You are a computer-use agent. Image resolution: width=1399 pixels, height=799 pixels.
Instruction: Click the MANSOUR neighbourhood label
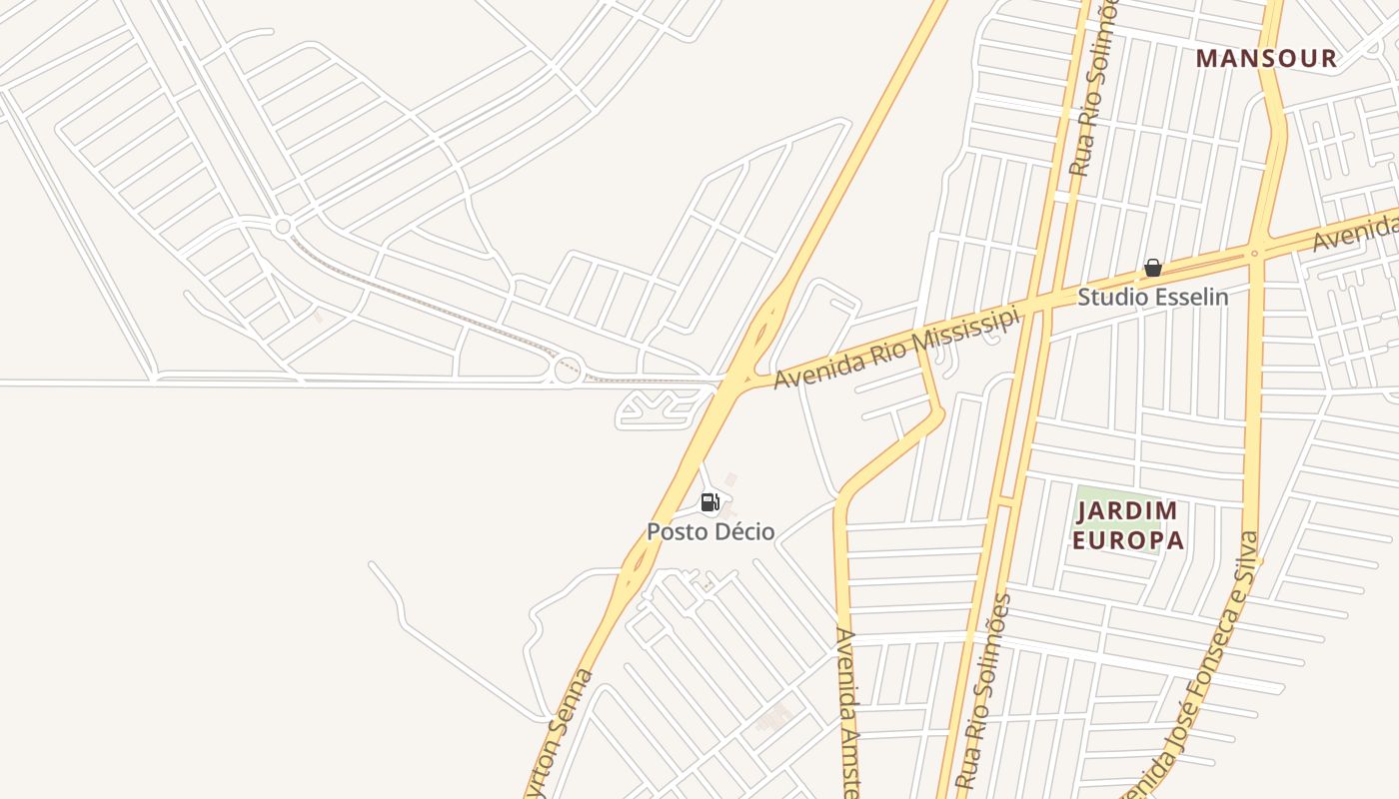(1266, 59)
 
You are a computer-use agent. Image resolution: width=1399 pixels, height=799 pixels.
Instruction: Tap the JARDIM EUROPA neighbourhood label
(1129, 526)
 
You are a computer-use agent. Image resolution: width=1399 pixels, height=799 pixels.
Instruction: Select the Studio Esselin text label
(1152, 297)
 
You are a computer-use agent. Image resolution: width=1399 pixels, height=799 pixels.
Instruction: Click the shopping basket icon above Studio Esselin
(1152, 268)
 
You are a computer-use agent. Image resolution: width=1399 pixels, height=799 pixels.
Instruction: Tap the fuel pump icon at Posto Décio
(709, 502)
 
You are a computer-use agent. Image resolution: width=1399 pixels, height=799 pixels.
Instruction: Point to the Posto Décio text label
(709, 531)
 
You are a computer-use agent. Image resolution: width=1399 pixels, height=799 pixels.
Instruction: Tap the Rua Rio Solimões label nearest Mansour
(1091, 90)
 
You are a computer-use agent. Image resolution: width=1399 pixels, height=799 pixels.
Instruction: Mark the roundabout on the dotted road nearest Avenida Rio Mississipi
(567, 371)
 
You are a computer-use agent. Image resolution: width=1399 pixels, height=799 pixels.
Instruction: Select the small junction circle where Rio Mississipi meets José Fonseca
(1254, 254)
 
